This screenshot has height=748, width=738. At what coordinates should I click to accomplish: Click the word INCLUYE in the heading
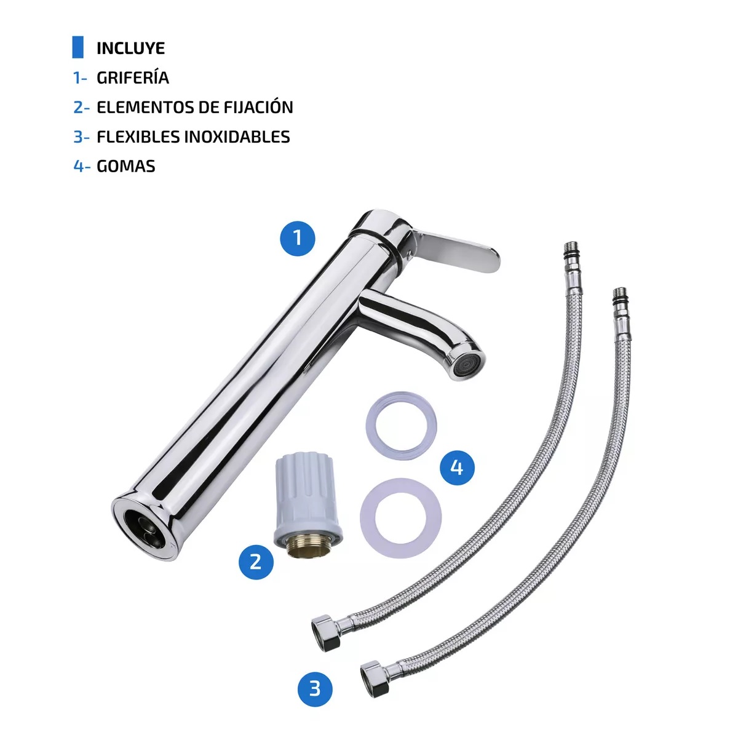pyautogui.click(x=130, y=48)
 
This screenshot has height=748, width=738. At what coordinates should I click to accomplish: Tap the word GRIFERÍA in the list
pyautogui.click(x=133, y=78)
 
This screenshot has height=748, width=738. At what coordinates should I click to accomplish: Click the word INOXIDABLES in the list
pyautogui.click(x=237, y=137)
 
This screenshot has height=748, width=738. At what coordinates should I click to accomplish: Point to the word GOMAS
pyautogui.click(x=126, y=166)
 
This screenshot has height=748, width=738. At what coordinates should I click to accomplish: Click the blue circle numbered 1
pyautogui.click(x=298, y=237)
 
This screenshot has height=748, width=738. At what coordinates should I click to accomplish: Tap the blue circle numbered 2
pyautogui.click(x=256, y=561)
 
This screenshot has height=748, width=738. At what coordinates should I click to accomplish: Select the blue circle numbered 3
pyautogui.click(x=315, y=688)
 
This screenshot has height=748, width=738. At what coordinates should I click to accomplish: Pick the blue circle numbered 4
pyautogui.click(x=457, y=468)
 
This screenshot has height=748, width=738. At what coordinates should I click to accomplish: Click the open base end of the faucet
pyautogui.click(x=141, y=525)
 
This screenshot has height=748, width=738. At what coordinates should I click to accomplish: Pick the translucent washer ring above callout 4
pyautogui.click(x=402, y=424)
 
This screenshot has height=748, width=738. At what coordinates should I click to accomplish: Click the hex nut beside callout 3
pyautogui.click(x=375, y=678)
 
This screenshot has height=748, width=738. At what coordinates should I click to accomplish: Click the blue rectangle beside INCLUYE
pyautogui.click(x=77, y=47)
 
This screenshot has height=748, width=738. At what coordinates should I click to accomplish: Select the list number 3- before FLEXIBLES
pyautogui.click(x=81, y=137)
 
